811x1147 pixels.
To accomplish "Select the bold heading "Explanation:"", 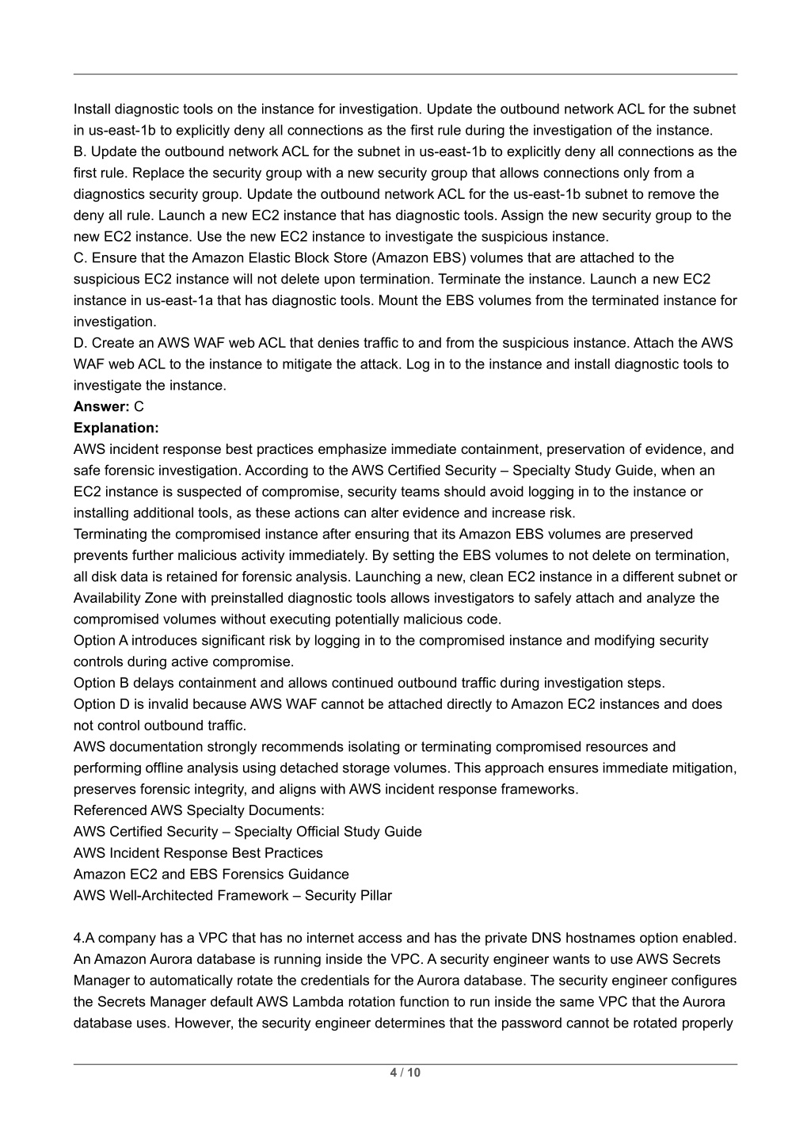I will (116, 429).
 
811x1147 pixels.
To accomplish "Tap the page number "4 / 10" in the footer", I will (405, 1073).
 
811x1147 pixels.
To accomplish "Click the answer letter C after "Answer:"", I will (139, 407).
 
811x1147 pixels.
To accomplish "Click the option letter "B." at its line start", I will (81, 152).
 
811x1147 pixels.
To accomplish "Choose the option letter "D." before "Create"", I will (81, 343).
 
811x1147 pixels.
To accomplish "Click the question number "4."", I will (79, 939).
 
